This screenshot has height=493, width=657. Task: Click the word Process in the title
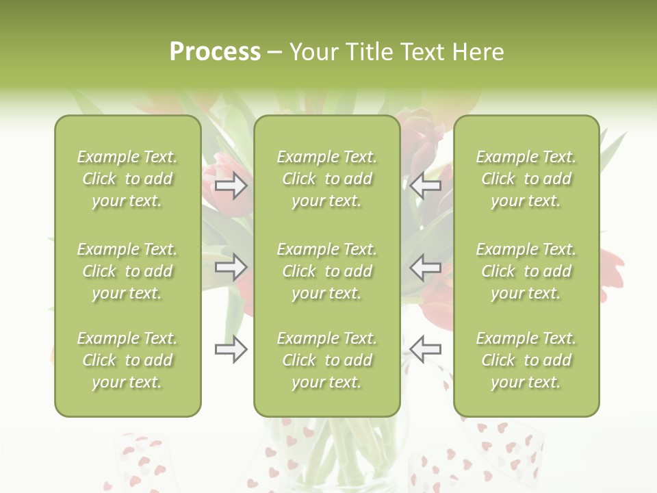215,52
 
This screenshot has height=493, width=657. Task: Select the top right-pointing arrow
231,186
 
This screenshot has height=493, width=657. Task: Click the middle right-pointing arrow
231,267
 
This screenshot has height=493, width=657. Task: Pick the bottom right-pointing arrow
231,349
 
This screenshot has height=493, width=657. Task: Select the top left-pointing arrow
426,186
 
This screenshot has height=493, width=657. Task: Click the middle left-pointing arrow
426,267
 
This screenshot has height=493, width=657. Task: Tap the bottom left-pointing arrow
426,349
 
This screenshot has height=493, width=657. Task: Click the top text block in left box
127,179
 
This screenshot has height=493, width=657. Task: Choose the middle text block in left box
127,271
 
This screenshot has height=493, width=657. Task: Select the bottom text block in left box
127,360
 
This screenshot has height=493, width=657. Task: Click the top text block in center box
327,179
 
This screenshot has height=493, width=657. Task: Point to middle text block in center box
327,271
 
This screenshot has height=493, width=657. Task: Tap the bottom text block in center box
327,360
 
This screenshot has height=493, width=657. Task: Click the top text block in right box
526,179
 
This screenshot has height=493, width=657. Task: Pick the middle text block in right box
526,271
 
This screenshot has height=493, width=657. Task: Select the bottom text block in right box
526,360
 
